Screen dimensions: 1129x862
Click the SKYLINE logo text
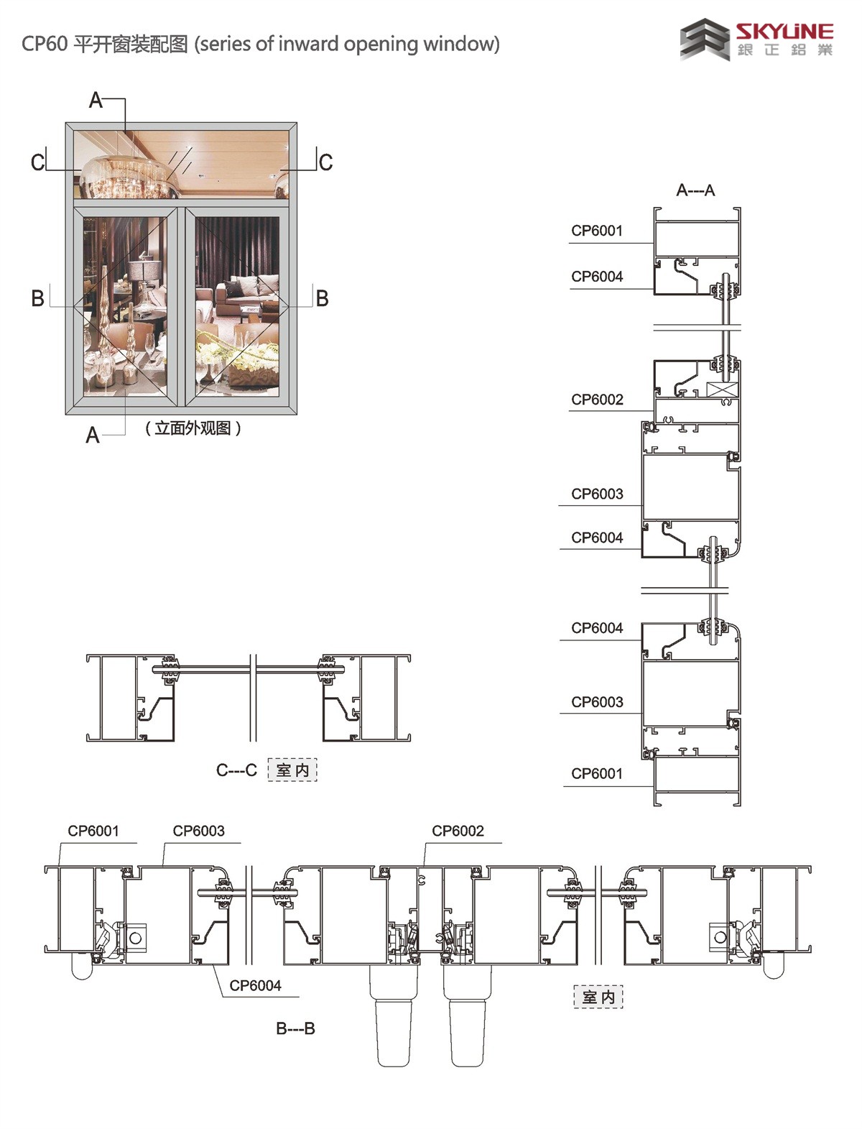tap(784, 31)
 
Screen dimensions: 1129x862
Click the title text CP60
tap(45, 45)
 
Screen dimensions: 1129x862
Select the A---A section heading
tap(695, 190)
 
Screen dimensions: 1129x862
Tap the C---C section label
tap(236, 770)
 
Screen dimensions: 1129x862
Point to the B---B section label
tap(295, 1028)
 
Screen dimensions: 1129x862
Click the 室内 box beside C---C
tap(292, 770)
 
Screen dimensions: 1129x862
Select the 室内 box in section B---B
tap(598, 997)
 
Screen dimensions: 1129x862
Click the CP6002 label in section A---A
tap(597, 400)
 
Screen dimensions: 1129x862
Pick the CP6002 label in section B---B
tap(458, 831)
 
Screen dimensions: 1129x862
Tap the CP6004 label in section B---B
tap(255, 986)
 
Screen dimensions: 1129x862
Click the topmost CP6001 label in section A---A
tap(597, 231)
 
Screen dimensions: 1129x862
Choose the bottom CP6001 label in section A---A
tap(597, 774)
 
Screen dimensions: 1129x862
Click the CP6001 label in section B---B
tap(93, 831)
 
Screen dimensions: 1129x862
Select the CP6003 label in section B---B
tap(198, 831)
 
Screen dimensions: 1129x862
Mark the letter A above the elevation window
tap(96, 101)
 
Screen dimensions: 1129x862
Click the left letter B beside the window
tap(38, 298)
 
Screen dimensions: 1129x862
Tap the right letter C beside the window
tap(325, 162)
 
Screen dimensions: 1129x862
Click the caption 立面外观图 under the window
tap(193, 428)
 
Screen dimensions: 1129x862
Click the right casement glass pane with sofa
tap(237, 305)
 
